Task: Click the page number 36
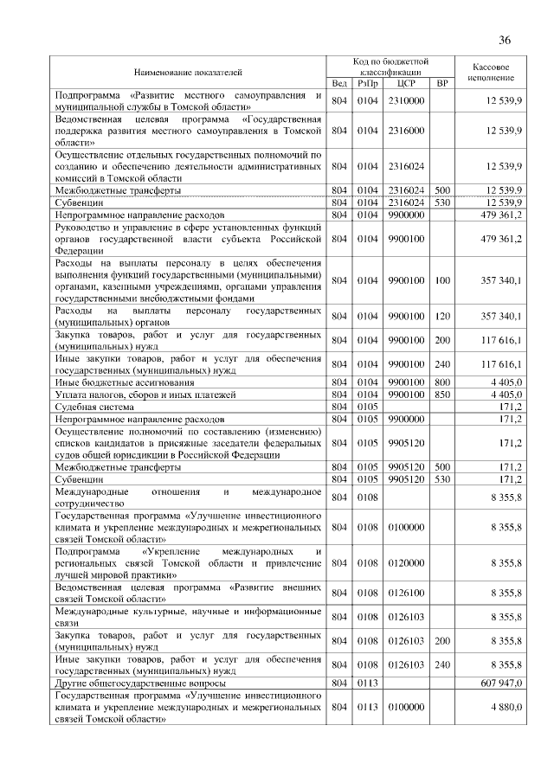pos(506,40)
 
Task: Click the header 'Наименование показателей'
pos(187,73)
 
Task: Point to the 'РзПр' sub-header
pos(368,84)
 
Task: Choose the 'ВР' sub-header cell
pos(442,84)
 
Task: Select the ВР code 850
pos(442,394)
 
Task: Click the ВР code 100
pos(442,279)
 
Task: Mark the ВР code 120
pos(442,316)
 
